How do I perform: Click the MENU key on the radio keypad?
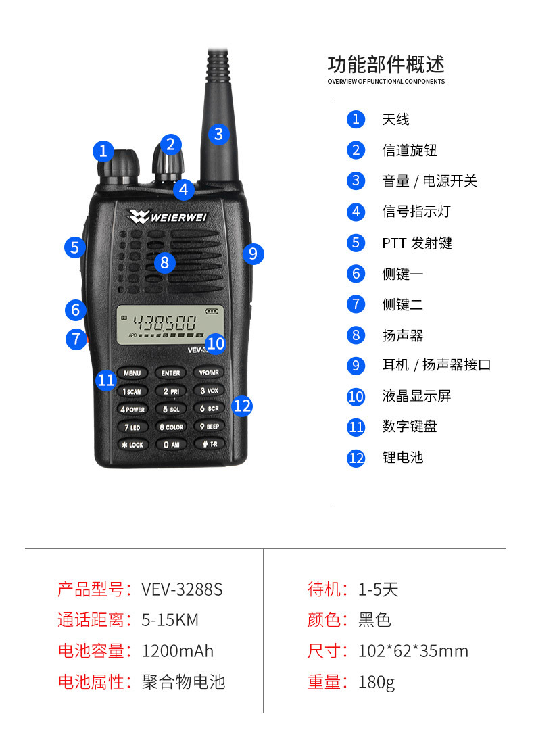pyautogui.click(x=132, y=373)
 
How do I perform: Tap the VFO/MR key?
pyautogui.click(x=209, y=373)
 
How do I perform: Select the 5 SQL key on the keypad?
pyautogui.click(x=170, y=409)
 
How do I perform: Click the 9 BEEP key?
pyautogui.click(x=209, y=427)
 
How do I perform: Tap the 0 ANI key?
pyautogui.click(x=170, y=445)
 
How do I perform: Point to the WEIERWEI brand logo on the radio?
pyautogui.click(x=169, y=216)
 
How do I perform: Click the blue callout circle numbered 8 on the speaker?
pyautogui.click(x=164, y=262)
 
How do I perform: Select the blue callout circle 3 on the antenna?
pyautogui.click(x=218, y=134)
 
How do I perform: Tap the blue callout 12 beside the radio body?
pyautogui.click(x=241, y=406)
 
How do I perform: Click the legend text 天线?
pyautogui.click(x=395, y=120)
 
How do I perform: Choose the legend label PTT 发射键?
pyautogui.click(x=417, y=243)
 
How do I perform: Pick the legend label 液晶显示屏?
pyautogui.click(x=416, y=396)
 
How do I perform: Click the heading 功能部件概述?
pyautogui.click(x=386, y=65)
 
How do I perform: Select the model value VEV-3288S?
pyautogui.click(x=182, y=589)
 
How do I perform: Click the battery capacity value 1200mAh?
pyautogui.click(x=177, y=651)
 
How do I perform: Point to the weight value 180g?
pyautogui.click(x=377, y=682)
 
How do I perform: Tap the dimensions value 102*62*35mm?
pyautogui.click(x=413, y=651)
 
